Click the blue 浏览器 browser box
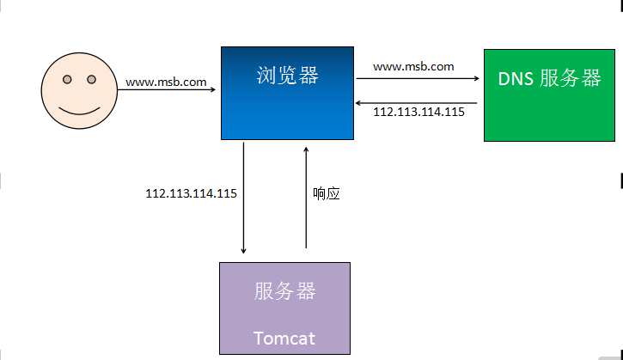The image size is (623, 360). click(x=287, y=93)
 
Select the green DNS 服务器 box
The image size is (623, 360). click(x=549, y=95)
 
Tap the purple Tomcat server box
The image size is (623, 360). click(x=285, y=308)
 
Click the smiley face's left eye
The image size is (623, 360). click(x=67, y=79)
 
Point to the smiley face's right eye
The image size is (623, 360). click(x=91, y=79)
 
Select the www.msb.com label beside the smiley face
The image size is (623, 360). click(x=166, y=82)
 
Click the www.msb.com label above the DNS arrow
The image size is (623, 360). click(x=413, y=67)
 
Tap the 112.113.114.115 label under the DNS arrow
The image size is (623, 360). click(x=418, y=112)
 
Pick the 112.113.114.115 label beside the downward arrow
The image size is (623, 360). click(x=191, y=193)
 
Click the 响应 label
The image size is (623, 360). click(x=327, y=193)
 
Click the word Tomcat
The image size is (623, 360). click(x=284, y=339)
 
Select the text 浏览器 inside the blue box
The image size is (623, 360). click(x=287, y=75)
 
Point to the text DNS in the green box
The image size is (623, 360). click(x=516, y=79)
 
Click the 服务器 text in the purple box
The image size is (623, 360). click(x=285, y=291)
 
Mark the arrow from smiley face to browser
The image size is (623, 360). click(x=167, y=90)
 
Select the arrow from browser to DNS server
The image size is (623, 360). click(x=418, y=78)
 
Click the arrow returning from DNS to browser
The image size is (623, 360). click(x=416, y=103)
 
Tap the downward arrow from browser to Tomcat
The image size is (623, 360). click(x=243, y=198)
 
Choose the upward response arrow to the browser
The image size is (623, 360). click(x=306, y=198)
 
